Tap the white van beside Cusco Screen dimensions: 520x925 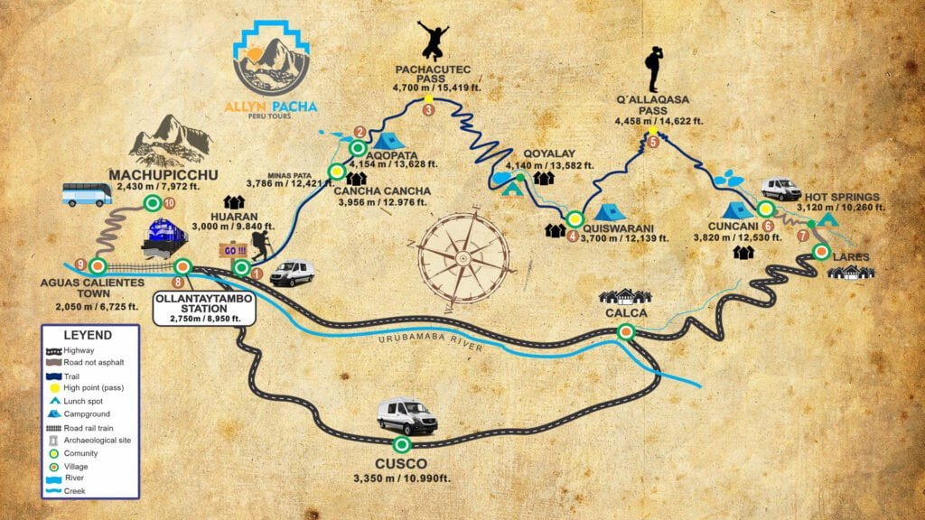[x=407, y=416]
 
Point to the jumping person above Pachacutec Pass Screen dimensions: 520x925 [x=433, y=41]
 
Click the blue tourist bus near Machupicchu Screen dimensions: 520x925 [x=88, y=194]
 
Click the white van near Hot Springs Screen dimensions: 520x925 [x=780, y=189]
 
